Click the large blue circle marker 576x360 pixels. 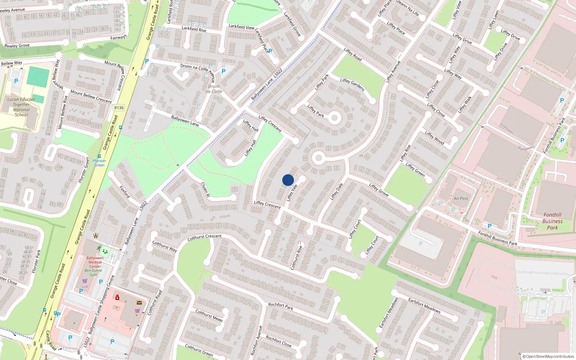288,180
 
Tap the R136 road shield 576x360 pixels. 119,108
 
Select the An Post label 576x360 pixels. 461,198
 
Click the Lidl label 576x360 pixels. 85,287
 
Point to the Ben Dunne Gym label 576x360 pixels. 93,273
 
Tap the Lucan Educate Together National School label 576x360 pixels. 21,107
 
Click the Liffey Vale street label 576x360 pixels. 292,193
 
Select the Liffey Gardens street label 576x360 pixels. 352,85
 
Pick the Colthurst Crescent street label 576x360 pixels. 204,237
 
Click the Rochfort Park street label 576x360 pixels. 280,306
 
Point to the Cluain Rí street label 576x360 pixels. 205,190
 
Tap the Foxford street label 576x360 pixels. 125,192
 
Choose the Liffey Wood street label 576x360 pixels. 435,138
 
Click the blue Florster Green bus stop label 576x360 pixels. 99,163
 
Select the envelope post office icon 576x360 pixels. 139,303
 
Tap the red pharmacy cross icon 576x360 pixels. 117,297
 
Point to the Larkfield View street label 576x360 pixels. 241,27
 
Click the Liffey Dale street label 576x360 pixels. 337,192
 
